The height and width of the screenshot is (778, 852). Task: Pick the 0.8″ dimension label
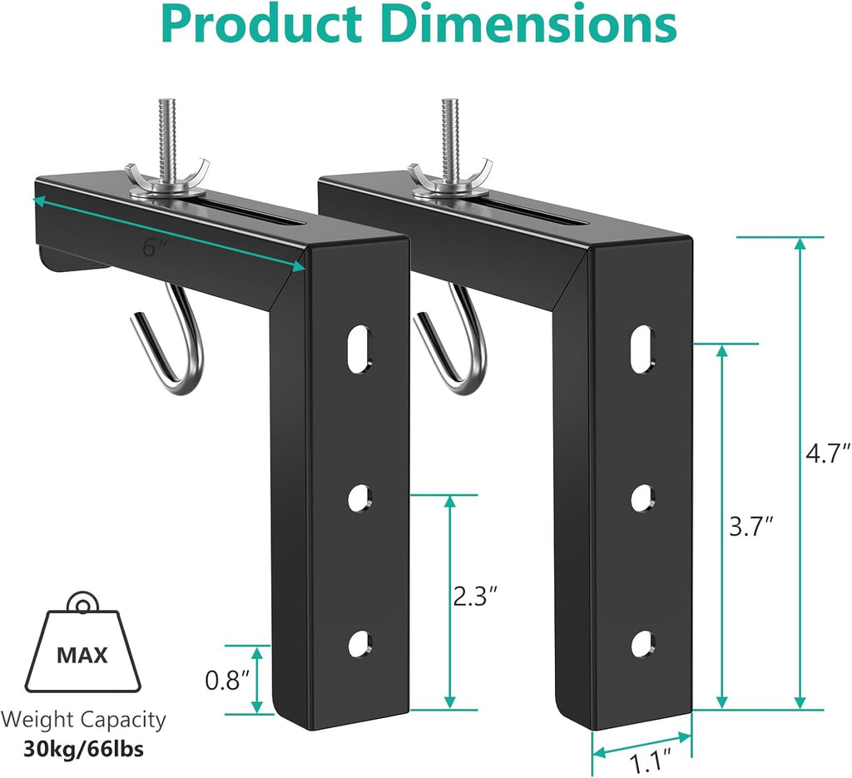(227, 681)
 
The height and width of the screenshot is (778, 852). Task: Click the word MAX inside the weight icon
(82, 655)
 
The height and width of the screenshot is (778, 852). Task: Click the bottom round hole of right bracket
(641, 644)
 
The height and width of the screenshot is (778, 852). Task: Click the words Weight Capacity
(82, 720)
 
